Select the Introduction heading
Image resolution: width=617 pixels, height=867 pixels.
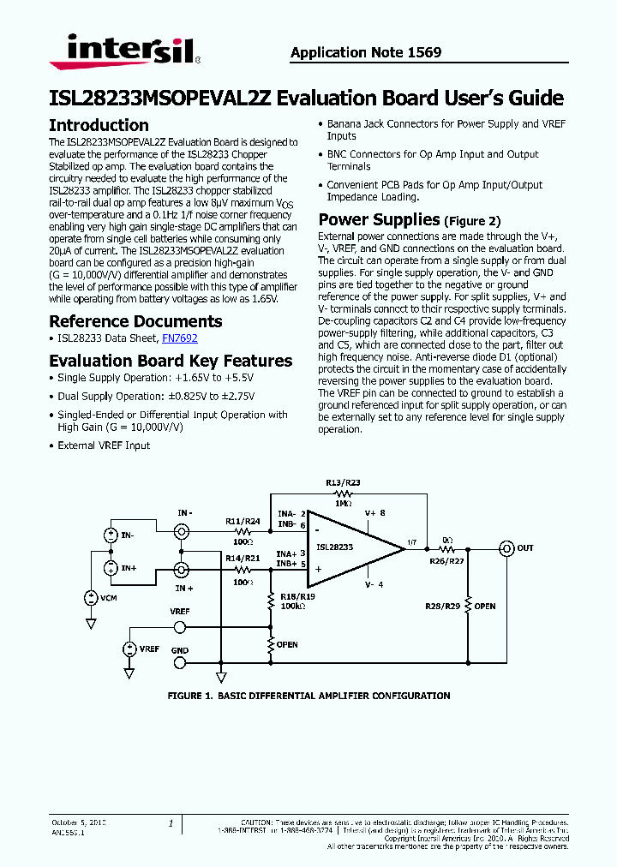click(x=99, y=125)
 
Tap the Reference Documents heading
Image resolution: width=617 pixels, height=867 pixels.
click(x=135, y=321)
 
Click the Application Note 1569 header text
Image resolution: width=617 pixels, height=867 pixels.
click(x=366, y=52)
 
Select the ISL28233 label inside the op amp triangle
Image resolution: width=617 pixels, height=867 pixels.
click(x=333, y=547)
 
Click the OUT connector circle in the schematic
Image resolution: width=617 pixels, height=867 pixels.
click(x=506, y=548)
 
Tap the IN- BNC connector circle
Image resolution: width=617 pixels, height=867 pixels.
click(x=183, y=533)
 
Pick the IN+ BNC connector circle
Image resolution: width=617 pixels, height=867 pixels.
click(x=183, y=570)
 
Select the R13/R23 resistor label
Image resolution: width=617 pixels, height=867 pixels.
click(x=343, y=482)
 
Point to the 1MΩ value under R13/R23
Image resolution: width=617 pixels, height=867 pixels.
click(x=343, y=504)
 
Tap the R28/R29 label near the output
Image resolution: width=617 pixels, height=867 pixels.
click(x=443, y=606)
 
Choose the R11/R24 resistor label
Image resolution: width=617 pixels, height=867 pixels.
click(x=243, y=521)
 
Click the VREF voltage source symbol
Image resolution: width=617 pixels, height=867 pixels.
click(x=129, y=649)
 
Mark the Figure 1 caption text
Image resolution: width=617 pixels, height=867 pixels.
click(x=308, y=696)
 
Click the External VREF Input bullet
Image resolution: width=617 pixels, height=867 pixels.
click(x=104, y=445)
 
